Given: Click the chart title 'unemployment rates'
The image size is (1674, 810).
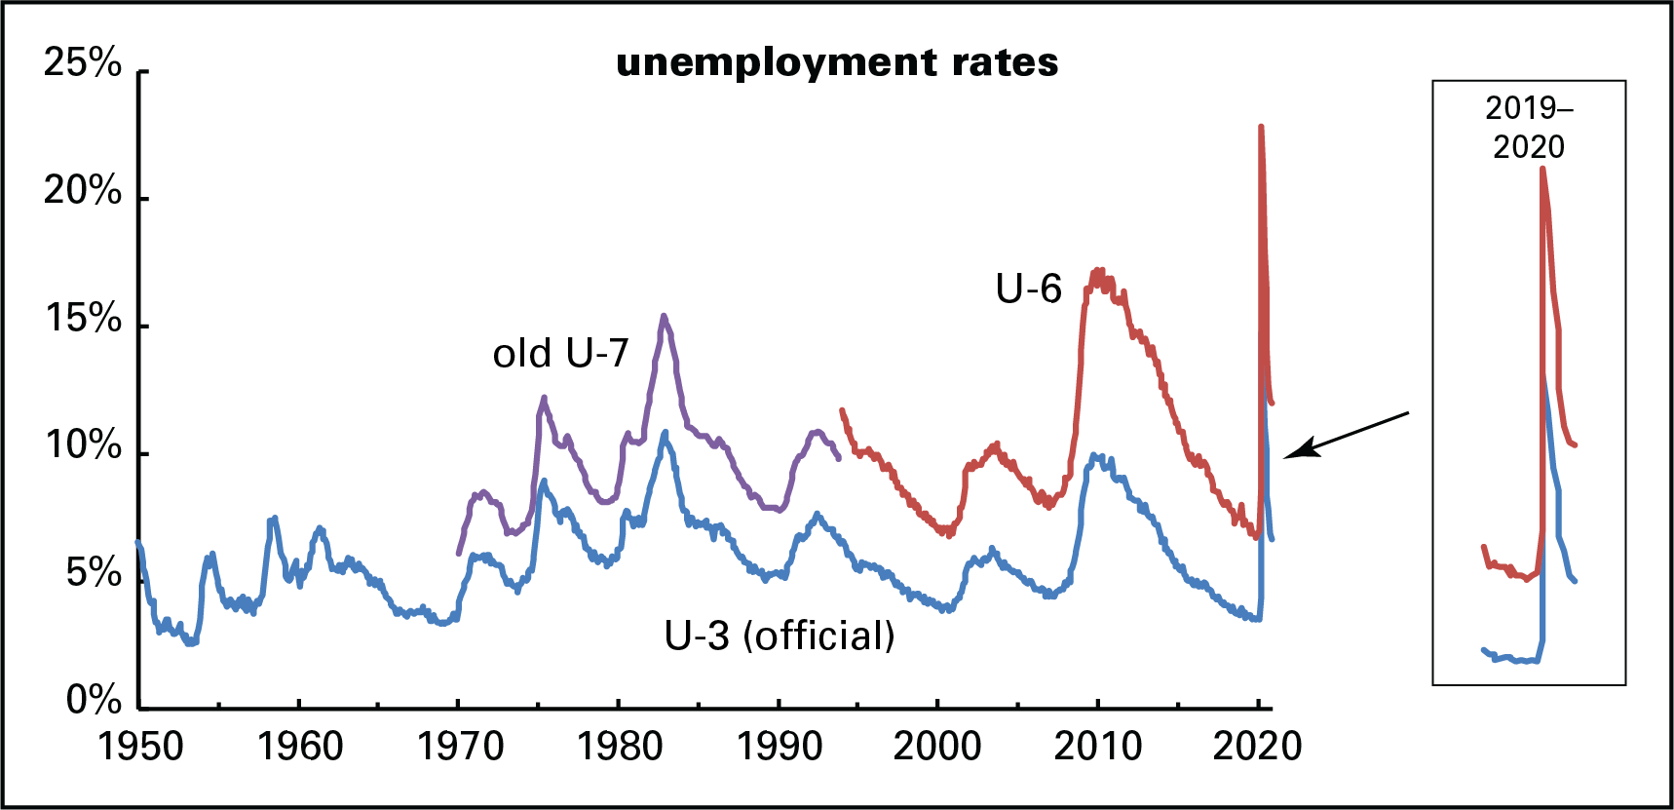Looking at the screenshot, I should (837, 62).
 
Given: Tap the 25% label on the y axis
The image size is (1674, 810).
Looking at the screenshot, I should (83, 63).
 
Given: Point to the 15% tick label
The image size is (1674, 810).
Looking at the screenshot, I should (83, 319).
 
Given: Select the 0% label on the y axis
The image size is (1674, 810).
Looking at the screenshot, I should (94, 700).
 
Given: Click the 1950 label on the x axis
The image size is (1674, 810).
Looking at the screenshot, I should (140, 747).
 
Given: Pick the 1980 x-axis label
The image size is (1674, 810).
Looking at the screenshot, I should (620, 747).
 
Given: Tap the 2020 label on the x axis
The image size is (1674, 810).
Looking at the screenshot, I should (1257, 747).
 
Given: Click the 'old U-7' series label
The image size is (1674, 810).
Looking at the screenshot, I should (560, 354).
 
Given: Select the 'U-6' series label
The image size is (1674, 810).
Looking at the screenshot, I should (1028, 289).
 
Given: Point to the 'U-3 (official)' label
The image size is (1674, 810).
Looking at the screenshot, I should (780, 636).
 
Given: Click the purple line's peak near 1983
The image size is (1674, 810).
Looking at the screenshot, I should (664, 316).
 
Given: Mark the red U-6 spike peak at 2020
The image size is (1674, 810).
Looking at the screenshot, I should (1261, 127).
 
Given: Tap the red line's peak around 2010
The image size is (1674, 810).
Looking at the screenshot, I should (1098, 271).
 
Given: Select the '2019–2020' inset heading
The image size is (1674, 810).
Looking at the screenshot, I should (1529, 128).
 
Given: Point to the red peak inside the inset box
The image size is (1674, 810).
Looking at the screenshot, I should (1542, 169).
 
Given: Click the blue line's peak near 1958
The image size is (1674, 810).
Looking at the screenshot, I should (275, 518).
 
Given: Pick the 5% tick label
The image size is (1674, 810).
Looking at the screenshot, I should (94, 573).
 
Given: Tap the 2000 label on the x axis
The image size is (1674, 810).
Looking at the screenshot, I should (937, 747).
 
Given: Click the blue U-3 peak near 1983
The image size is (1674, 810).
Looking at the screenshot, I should (666, 432).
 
